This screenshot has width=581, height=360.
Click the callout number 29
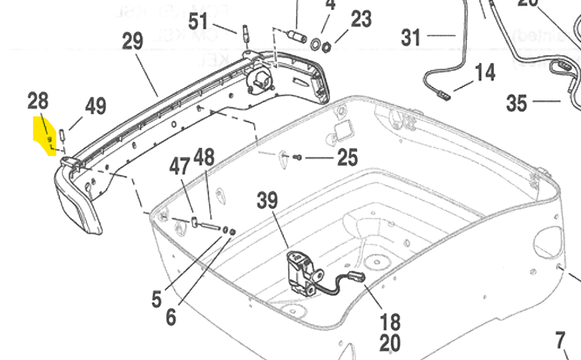(132, 42)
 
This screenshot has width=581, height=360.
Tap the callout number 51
(199, 22)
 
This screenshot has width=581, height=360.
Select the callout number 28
(38, 100)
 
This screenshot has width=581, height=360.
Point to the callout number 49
(95, 106)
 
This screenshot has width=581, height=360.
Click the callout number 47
(181, 166)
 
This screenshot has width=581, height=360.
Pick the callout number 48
(204, 157)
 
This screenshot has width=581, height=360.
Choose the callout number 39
(268, 200)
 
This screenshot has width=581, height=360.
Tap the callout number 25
(348, 158)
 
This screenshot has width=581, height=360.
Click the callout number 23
(361, 19)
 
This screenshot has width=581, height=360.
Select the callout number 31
(411, 37)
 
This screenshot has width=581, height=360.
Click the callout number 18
(390, 321)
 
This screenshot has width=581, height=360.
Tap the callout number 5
(157, 299)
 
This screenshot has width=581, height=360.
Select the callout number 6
(171, 317)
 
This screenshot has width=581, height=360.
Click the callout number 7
(560, 340)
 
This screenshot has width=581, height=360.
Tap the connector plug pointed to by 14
(443, 96)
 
